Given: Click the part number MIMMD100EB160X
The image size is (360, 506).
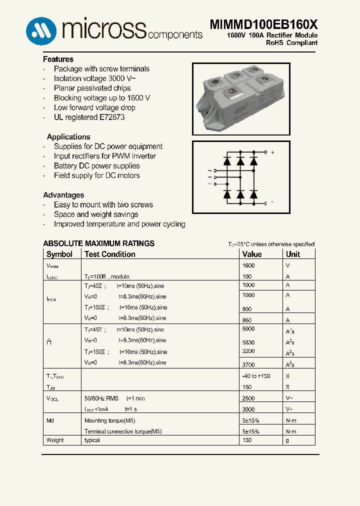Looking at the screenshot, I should pos(263,25).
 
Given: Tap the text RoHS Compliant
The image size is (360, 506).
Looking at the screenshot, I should pos(291,43).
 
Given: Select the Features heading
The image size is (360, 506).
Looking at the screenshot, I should pos(58,59).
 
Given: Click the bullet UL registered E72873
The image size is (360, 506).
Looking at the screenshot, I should pos(89,117).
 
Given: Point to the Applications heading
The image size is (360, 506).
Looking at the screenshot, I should pos(68,136).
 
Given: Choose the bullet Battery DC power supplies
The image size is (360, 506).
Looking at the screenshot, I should pos(96,165).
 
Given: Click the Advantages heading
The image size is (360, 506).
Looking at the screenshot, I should pos(63,195).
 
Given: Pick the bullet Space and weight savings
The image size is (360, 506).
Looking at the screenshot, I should pos(96,214).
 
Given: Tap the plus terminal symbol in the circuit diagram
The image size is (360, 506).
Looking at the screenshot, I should pos(272,152).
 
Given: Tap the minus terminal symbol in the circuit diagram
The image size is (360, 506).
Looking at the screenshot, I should pos(272,202).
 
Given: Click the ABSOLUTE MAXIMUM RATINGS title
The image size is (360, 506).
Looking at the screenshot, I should pos(98,243).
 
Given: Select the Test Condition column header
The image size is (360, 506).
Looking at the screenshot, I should pos(109,254).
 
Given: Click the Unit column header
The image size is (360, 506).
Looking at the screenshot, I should pos(293,254).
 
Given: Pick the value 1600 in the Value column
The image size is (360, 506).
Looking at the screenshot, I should pos(248,266).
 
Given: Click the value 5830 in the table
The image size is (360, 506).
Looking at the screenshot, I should pos(248,342).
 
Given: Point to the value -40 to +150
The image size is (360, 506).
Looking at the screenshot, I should pos(256,376).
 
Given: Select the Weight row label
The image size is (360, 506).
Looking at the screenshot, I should pos(55,440).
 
